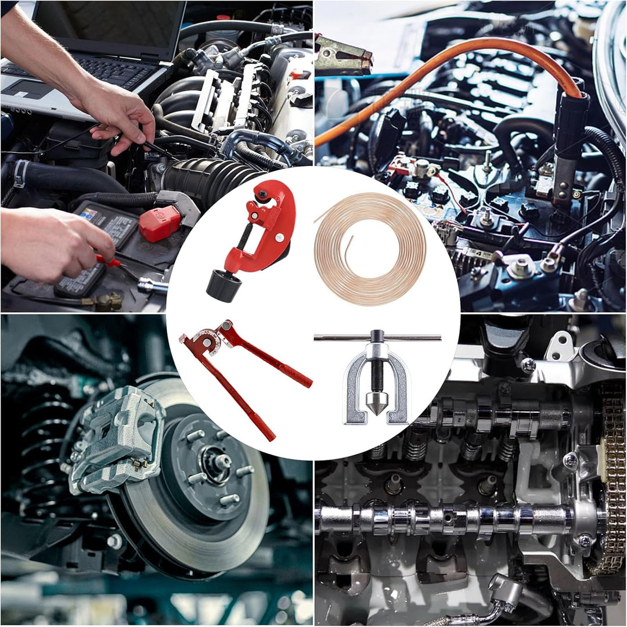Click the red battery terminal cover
[x=160, y=224]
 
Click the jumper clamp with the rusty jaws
[x=343, y=55]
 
